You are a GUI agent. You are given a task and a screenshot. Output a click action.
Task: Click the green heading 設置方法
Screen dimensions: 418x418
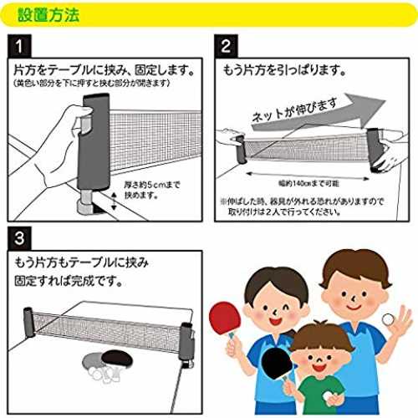click(48, 14)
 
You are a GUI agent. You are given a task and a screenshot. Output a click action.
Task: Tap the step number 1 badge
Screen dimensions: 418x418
click(19, 46)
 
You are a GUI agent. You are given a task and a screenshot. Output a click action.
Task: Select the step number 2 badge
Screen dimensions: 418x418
click(226, 46)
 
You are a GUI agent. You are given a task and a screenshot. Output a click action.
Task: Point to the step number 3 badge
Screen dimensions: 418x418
click(19, 238)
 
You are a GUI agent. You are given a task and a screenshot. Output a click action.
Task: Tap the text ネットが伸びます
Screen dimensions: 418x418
click(295, 110)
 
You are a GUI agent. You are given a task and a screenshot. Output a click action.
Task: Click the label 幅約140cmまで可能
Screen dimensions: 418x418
click(308, 183)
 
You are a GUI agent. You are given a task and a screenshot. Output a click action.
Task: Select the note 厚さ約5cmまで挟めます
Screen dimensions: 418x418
click(152, 190)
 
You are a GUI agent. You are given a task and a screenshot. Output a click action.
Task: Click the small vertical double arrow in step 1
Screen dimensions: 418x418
click(114, 201)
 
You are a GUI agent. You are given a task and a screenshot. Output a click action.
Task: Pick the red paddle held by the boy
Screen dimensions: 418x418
click(224, 319)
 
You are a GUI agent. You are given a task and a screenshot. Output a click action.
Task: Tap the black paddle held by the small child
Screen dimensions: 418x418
click(278, 364)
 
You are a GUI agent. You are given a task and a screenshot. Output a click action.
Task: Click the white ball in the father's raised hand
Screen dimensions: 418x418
click(388, 319)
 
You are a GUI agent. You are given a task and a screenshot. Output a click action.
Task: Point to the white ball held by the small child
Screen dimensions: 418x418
click(329, 395)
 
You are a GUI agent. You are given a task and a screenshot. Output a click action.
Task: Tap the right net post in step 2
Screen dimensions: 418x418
click(375, 150)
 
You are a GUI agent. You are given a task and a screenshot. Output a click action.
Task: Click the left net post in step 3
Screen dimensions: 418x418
click(28, 321)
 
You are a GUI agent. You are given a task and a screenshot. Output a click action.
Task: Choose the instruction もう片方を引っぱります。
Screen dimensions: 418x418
click(283, 70)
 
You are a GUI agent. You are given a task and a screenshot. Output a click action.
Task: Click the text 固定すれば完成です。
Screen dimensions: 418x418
click(69, 281)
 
